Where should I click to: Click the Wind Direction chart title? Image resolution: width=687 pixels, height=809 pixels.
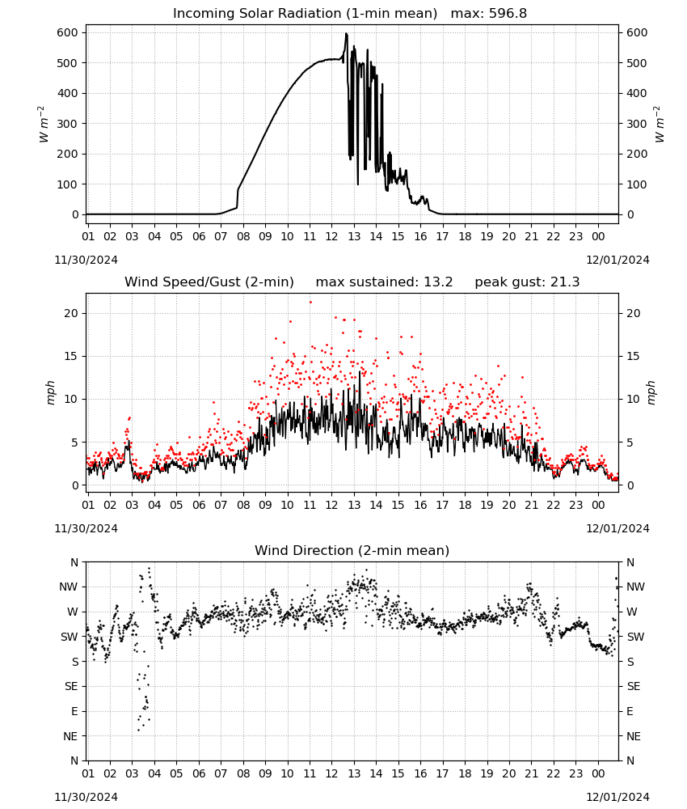click(352, 550)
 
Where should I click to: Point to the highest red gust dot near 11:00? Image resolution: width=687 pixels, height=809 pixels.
click(310, 303)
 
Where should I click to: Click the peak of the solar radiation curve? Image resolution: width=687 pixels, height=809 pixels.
click(347, 34)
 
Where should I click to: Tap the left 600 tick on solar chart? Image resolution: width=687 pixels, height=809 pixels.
click(68, 32)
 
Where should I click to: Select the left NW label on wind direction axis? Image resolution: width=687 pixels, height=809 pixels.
click(69, 587)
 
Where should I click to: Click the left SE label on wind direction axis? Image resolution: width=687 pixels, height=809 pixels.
click(72, 686)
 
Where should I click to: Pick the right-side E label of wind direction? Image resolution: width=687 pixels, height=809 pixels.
click(630, 711)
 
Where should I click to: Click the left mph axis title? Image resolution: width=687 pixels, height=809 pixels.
click(50, 392)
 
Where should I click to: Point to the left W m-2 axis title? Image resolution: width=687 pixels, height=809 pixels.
click(44, 124)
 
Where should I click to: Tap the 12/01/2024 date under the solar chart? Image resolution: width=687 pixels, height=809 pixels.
click(617, 260)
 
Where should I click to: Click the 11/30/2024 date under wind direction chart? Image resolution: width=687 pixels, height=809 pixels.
click(86, 797)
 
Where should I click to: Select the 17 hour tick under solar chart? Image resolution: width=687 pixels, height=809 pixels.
click(442, 237)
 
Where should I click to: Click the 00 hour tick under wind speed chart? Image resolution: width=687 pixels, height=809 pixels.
click(598, 505)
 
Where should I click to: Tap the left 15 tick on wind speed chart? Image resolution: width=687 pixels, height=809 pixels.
click(72, 357)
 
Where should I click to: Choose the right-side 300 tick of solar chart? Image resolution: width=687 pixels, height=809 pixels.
click(637, 124)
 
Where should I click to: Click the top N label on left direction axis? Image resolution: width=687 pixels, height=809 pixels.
click(74, 562)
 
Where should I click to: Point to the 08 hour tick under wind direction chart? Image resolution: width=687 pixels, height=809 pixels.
click(243, 773)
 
